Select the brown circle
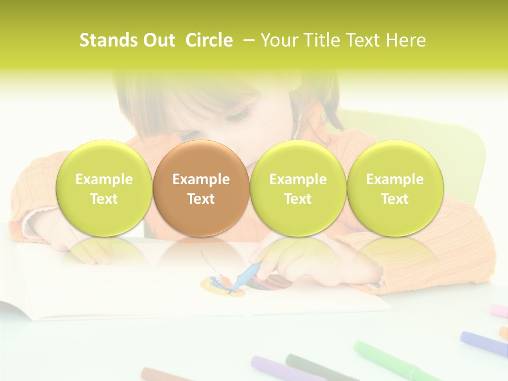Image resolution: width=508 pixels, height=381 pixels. coord(201,188)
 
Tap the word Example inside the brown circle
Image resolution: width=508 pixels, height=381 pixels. coord(201,179)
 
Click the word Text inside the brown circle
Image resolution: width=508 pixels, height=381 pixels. coord(201,199)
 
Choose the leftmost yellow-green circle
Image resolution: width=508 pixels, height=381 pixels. coord(104,188)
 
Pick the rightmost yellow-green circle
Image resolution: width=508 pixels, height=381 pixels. coord(395,188)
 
